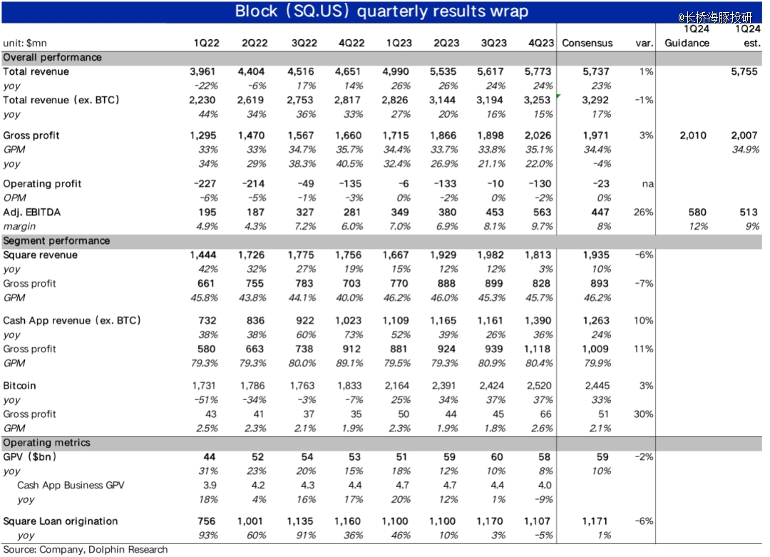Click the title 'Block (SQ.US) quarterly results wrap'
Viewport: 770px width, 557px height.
(x=381, y=11)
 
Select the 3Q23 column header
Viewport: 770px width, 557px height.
(x=493, y=44)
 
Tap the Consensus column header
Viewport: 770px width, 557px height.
(x=587, y=44)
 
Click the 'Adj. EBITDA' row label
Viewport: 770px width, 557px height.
(x=32, y=213)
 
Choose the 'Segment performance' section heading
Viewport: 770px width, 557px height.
(x=56, y=240)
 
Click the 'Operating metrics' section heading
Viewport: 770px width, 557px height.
(x=46, y=443)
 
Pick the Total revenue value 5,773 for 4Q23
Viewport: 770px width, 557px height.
(x=538, y=72)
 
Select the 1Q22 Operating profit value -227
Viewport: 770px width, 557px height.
(x=205, y=184)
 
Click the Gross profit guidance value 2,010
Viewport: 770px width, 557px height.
(x=693, y=136)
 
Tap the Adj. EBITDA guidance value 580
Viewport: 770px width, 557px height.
(x=697, y=213)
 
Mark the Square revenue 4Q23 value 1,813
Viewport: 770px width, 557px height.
(x=538, y=255)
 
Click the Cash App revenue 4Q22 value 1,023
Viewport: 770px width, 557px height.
(x=349, y=321)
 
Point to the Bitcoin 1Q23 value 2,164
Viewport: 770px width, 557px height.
(x=397, y=386)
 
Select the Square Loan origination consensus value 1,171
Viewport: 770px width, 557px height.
(x=595, y=521)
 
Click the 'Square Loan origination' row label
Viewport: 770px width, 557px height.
(x=61, y=521)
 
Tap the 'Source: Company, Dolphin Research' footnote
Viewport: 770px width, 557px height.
(x=86, y=550)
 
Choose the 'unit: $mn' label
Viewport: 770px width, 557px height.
(x=25, y=44)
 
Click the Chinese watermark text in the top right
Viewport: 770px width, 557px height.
(x=716, y=18)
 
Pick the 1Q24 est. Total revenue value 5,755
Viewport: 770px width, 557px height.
(x=744, y=72)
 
